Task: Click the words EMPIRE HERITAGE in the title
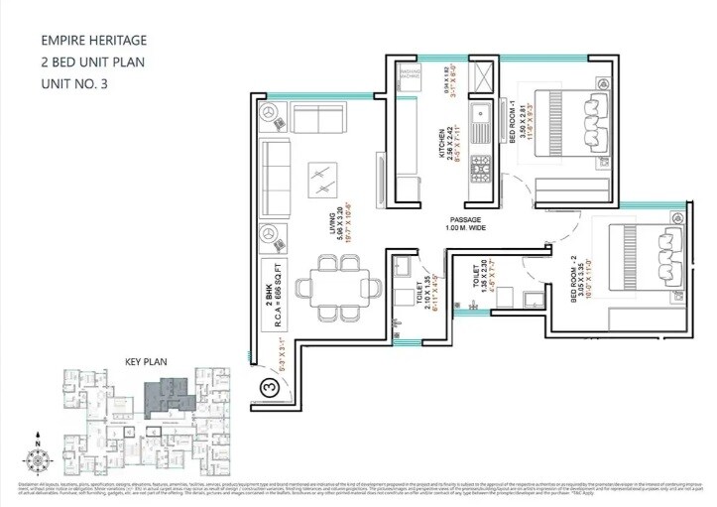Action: click(93, 41)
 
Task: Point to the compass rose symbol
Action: click(38, 459)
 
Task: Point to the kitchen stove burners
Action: click(481, 174)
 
